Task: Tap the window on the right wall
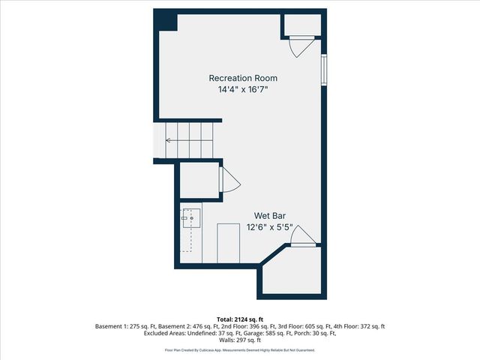[324, 70]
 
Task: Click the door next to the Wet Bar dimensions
[303, 237]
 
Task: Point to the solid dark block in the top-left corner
[166, 20]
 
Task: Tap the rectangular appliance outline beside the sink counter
[228, 242]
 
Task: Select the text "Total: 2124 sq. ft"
[239, 319]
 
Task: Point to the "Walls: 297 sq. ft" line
[240, 341]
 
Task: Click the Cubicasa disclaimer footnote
[240, 350]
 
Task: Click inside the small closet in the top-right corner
[303, 25]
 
